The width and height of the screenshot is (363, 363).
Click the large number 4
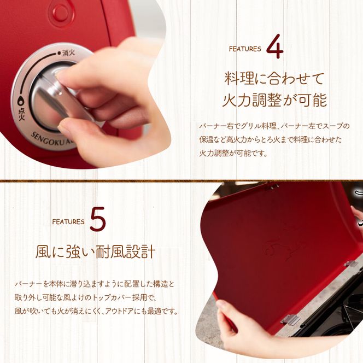[x=275, y=48]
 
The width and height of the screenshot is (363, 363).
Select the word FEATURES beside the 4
[x=245, y=49]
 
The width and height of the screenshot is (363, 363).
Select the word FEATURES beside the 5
[x=68, y=221]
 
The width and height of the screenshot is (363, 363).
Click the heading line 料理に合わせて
[x=274, y=78]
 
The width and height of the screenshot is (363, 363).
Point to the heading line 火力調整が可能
[x=274, y=100]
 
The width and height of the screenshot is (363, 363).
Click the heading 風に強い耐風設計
[x=96, y=253]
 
